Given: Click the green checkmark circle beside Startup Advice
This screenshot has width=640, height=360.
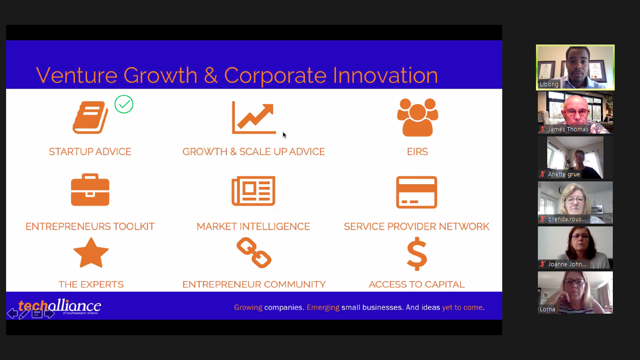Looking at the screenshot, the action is click(x=124, y=105).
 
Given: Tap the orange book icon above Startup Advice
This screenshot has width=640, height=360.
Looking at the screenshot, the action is click(x=90, y=117).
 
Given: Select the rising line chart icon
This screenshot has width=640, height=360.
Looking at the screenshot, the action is click(x=254, y=117).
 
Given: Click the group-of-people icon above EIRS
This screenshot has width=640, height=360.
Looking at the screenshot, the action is click(x=417, y=117).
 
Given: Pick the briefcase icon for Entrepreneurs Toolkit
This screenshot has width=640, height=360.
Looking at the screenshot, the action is click(x=90, y=189).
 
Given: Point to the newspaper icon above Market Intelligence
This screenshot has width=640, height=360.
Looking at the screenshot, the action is click(x=253, y=191).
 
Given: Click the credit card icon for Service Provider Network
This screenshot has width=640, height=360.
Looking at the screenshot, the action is click(x=417, y=192).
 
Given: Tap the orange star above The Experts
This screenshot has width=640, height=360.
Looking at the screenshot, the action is click(x=91, y=253).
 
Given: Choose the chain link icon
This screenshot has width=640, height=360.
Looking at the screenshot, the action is click(x=254, y=253).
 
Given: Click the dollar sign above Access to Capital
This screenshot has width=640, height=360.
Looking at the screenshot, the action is click(x=417, y=254).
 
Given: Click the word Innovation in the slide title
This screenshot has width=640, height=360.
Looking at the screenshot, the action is click(x=385, y=75).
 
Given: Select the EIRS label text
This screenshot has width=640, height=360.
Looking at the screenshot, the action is click(x=417, y=151).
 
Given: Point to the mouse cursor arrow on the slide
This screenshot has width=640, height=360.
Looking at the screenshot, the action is click(x=284, y=135).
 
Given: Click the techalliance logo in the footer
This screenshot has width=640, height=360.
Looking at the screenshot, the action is click(x=60, y=306).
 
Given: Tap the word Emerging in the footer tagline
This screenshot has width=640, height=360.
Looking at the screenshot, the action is click(x=323, y=307).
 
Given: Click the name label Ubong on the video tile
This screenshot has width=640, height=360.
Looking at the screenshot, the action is click(x=549, y=84).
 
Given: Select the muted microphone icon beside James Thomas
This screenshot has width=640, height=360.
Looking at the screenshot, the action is click(x=542, y=129).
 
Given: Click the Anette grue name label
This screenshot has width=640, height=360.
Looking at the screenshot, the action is click(x=564, y=174).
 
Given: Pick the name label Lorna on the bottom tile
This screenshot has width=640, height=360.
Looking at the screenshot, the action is click(x=547, y=309).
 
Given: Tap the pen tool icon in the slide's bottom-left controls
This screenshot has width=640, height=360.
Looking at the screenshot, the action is click(x=24, y=314).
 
